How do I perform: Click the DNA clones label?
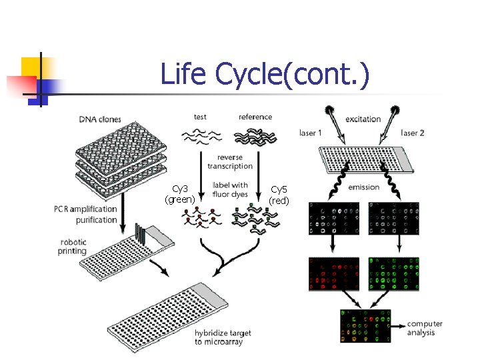(100, 120)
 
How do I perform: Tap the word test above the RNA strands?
(200, 117)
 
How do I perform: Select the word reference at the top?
(255, 117)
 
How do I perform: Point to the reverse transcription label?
(230, 162)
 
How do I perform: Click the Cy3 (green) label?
(180, 194)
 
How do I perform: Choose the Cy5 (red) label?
(279, 194)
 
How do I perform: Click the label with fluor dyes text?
(230, 189)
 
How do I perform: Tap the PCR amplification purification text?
(86, 214)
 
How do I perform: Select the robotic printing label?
(73, 247)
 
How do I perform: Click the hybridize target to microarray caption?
(219, 337)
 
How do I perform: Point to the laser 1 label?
(310, 133)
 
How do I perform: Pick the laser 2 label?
(413, 133)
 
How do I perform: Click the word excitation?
(363, 119)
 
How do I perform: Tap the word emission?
(363, 187)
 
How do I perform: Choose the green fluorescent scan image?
(394, 274)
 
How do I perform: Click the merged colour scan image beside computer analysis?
(365, 326)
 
